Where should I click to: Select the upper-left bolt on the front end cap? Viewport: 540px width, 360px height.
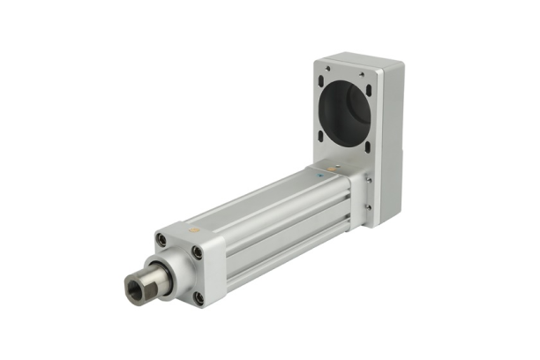[161, 239]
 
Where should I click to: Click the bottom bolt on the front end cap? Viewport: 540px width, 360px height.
[199, 297]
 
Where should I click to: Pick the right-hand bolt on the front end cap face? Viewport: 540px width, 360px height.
[198, 252]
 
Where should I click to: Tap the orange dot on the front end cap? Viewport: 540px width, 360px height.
[195, 230]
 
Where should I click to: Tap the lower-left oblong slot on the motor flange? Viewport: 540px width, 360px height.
[321, 135]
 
